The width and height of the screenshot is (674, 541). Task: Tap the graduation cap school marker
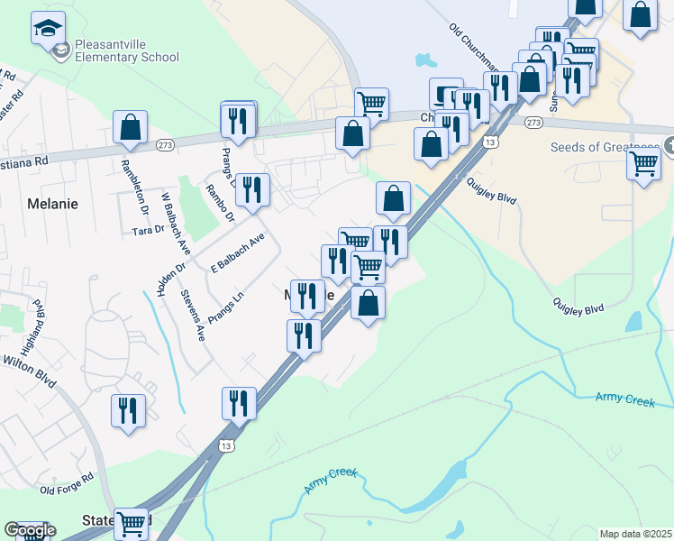pos(48,29)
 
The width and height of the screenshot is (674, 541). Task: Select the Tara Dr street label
pos(148,230)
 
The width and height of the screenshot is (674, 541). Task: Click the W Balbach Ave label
pos(176,222)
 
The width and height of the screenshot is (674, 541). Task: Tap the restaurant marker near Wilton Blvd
pos(128,410)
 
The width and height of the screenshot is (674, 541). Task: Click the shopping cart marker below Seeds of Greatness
pos(643,163)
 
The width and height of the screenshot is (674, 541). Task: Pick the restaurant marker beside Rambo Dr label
pos(251,190)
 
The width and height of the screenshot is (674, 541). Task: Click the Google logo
pos(30,530)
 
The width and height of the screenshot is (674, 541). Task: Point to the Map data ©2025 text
pos(636,534)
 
